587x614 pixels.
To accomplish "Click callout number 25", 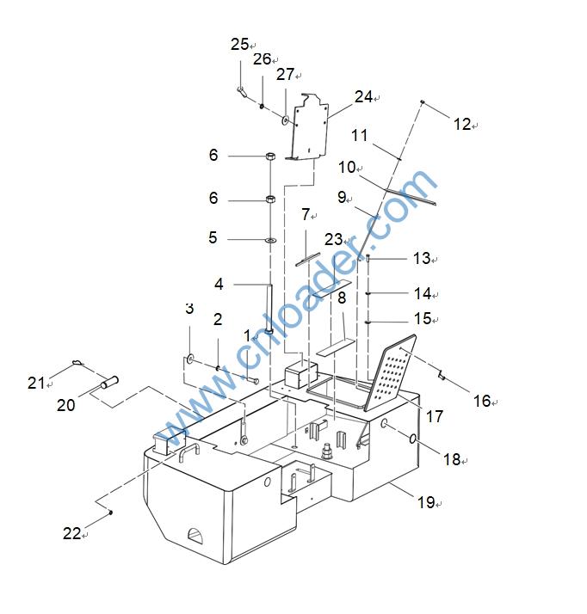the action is pos(239,44).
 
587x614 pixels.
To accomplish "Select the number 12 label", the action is pos(462,124).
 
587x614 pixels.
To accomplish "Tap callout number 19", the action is pos(426,502).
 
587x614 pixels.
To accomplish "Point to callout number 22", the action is pos(71,533).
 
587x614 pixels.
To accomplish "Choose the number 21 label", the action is pos(36,383).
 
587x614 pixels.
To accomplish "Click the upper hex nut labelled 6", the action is pos(270,156).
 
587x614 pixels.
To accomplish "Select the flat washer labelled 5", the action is pos(270,239).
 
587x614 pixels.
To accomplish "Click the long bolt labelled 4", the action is pos(269,310).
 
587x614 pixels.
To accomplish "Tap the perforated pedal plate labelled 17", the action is pos(390,373).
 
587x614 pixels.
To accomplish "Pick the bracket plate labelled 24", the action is pos(310,127).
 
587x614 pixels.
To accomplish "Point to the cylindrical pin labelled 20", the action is pos(109,382).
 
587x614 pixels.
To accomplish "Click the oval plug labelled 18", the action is pos(412,439).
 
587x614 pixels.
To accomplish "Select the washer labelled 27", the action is pos(285,120).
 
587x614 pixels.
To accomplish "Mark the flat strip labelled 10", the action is pos(411,197).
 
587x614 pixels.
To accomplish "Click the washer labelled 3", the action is pos(190,359).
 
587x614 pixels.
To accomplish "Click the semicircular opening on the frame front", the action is pos(195,534).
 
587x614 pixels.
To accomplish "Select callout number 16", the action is pos(482,401).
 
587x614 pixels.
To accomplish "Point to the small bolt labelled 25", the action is pos(242,92).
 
